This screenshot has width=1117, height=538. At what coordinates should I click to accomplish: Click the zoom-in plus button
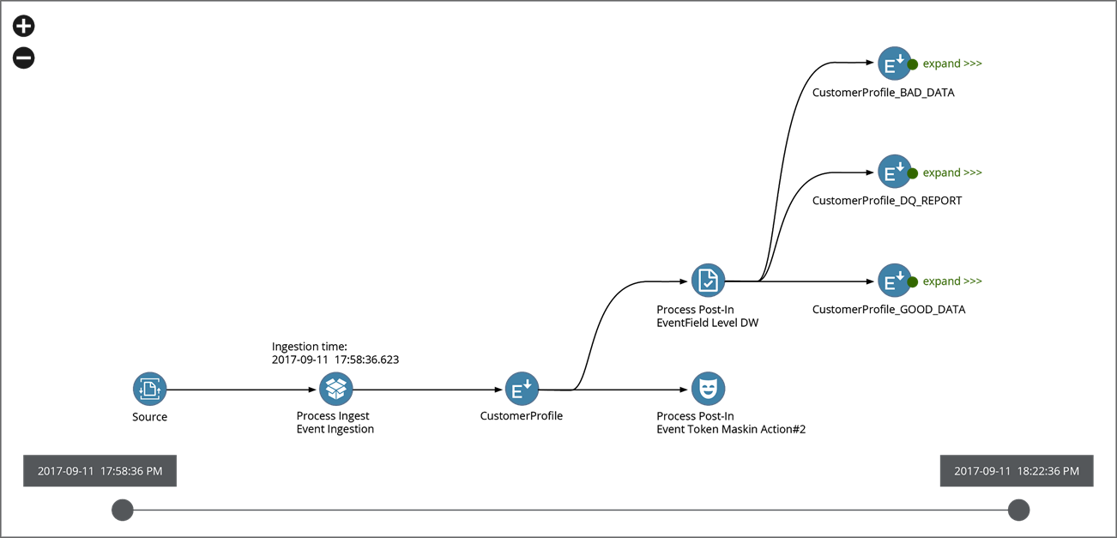tap(24, 26)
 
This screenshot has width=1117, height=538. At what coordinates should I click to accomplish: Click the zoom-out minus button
tap(24, 58)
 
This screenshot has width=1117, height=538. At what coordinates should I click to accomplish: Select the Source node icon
tap(150, 390)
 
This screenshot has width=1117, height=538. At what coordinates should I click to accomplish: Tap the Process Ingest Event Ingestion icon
tap(336, 390)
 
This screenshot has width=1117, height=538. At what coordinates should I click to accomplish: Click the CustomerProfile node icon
tap(522, 390)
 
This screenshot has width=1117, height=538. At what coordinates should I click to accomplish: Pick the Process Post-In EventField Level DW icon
tap(708, 281)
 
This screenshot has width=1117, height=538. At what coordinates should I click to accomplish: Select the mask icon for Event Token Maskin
tap(708, 390)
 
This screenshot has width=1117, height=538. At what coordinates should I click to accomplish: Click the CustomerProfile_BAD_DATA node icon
tap(894, 63)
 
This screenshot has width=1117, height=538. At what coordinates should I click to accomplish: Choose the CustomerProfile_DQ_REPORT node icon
tap(894, 172)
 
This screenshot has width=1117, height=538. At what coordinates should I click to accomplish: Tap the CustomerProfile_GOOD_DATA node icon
tap(894, 281)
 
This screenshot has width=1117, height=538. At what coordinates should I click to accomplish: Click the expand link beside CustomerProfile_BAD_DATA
tap(951, 63)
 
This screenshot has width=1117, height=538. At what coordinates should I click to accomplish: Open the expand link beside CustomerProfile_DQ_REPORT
tap(951, 172)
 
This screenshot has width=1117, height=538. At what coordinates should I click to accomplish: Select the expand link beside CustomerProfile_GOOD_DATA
tap(951, 281)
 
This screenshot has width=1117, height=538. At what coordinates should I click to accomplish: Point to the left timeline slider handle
tap(123, 510)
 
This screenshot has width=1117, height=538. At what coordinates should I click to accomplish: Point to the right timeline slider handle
tap(1018, 510)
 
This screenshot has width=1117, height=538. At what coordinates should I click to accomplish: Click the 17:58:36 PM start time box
tap(100, 471)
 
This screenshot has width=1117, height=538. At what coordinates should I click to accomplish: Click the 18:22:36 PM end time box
tap(1017, 471)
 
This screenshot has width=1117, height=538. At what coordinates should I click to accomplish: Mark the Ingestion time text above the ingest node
tap(335, 353)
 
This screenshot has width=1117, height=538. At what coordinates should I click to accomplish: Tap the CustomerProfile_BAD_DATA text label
tap(883, 93)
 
